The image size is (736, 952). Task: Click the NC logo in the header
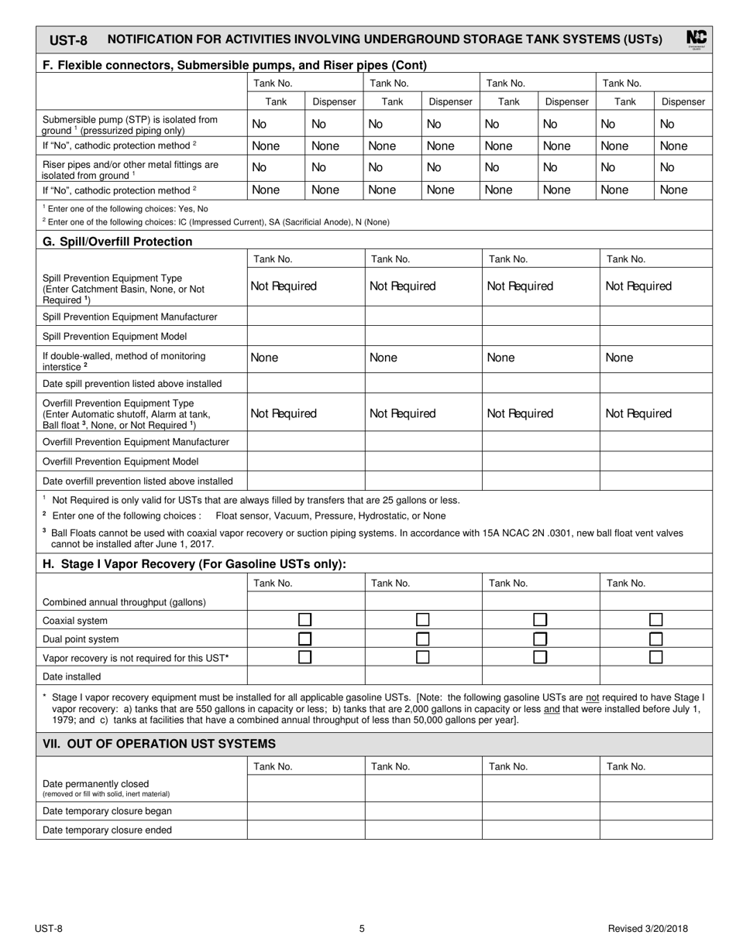[x=696, y=39]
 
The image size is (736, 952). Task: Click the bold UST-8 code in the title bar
[x=69, y=40]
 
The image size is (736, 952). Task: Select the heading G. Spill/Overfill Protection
[x=117, y=241]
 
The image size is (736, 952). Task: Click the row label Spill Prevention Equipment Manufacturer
[x=129, y=317]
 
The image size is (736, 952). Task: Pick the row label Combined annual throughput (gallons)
[x=124, y=602]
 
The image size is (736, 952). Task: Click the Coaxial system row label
[x=75, y=621]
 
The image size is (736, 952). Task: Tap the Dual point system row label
[x=81, y=639]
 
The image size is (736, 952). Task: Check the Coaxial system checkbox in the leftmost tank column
[x=305, y=620]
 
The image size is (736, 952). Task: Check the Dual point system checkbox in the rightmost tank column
[x=655, y=639]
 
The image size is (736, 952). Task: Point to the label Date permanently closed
[x=96, y=783]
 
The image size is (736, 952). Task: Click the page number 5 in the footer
[x=362, y=930]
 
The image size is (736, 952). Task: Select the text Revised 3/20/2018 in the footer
[x=648, y=930]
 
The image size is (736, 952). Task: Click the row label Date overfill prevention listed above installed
[x=137, y=481]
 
